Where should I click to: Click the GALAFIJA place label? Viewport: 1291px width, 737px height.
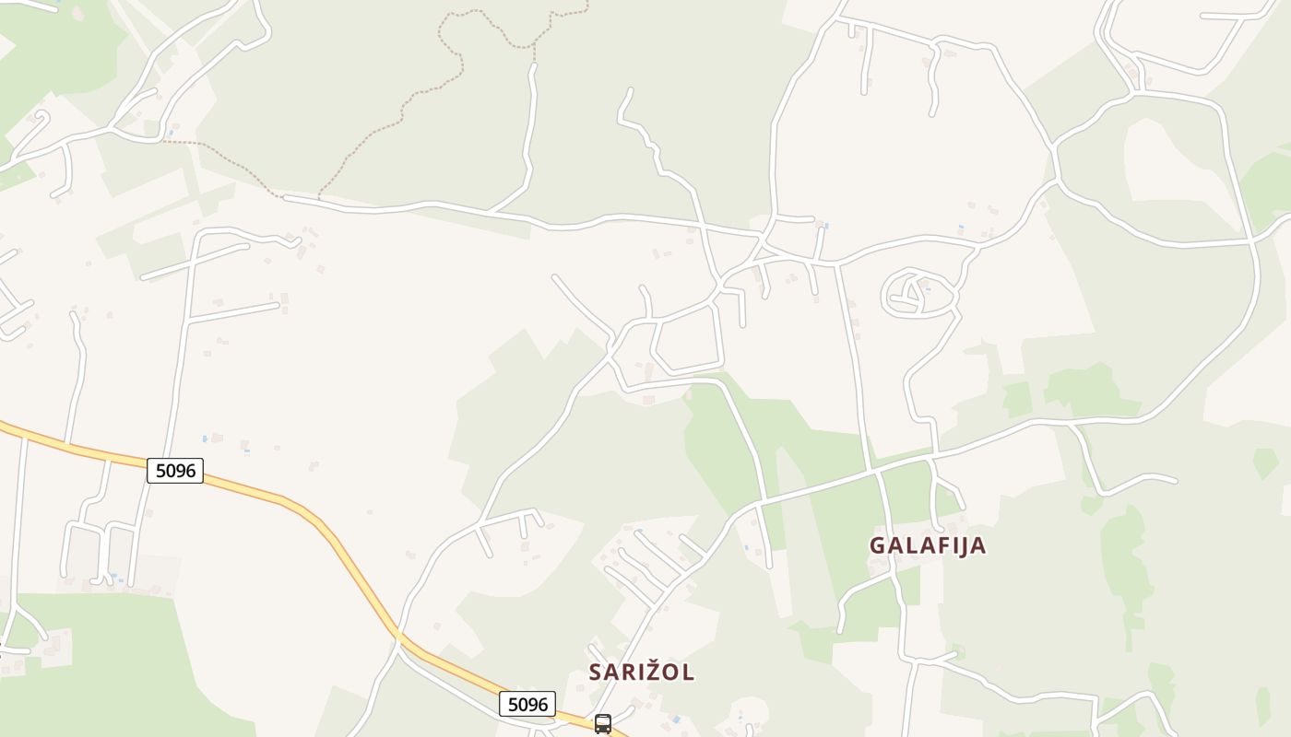(928, 545)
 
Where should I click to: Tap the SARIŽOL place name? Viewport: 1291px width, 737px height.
(642, 673)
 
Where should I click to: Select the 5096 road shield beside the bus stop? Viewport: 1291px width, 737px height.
(527, 705)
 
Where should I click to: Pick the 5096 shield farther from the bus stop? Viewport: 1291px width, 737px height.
(175, 471)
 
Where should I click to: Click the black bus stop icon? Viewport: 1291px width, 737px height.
(603, 724)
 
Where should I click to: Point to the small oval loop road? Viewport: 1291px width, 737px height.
(918, 294)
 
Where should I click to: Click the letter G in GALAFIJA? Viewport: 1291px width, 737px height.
(878, 545)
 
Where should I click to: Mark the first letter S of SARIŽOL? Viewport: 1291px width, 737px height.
(596, 673)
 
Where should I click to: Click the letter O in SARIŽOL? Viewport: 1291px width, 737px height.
(670, 673)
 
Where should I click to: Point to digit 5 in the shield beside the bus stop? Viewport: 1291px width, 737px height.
(511, 705)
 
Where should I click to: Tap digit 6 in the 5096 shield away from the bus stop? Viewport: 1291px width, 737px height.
(191, 471)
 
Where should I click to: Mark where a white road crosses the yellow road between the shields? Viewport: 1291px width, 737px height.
(398, 635)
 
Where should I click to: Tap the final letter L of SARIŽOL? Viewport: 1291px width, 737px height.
(689, 673)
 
